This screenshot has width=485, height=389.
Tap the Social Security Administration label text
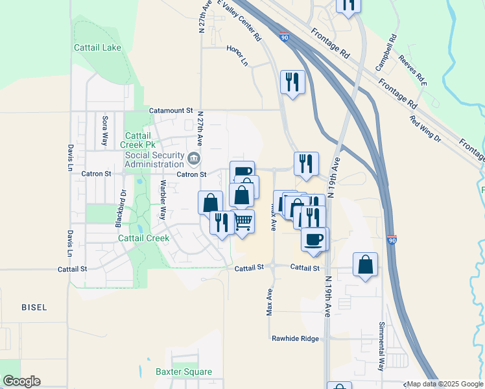pos(155,159)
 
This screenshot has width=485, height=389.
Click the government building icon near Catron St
pos(193,159)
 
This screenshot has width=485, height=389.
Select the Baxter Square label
pos(183,371)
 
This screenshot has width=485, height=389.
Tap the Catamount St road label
pos(171,111)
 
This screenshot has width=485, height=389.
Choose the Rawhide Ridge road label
pos(295,338)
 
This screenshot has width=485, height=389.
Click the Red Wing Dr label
pos(425,128)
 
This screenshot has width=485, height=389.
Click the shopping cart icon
pos(244,221)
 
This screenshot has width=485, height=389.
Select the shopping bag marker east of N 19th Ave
pos(366,265)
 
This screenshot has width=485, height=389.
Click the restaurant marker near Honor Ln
pos(292,82)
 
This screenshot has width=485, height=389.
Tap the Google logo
pos(21,381)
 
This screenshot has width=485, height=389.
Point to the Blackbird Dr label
pos(119,207)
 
